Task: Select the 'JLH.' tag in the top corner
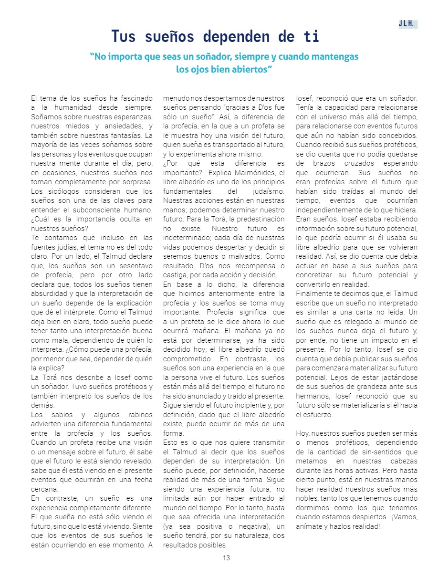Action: pyautogui.click(x=408, y=24)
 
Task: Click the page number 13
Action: pyautogui.click(x=226, y=558)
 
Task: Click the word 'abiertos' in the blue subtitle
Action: pyautogui.click(x=248, y=69)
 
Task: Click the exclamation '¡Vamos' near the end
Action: pyautogui.click(x=405, y=516)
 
